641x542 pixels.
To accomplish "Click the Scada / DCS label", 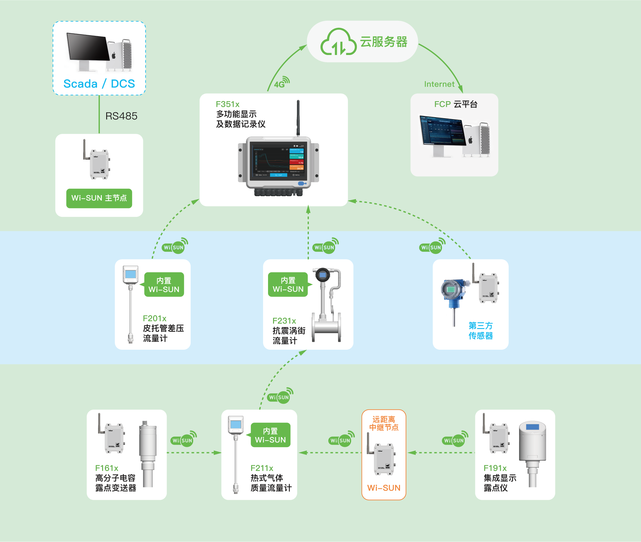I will (x=99, y=84).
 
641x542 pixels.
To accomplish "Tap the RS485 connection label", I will (x=121, y=116).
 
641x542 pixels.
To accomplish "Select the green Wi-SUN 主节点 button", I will (x=99, y=198).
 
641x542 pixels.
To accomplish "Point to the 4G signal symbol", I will (x=282, y=82).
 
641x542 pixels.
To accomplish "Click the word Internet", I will (x=439, y=84).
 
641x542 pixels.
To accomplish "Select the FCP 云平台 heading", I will (x=456, y=104).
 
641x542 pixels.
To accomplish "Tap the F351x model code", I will (x=227, y=104).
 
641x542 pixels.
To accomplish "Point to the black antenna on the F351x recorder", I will (x=298, y=118).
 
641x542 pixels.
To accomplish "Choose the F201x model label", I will (x=154, y=318).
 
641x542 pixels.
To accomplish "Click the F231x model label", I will (x=284, y=321).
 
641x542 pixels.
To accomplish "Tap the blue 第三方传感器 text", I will (x=480, y=331).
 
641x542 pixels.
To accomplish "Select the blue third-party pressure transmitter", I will (x=452, y=292).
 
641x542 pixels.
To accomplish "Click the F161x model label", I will (x=107, y=468).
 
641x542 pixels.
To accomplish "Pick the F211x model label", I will (x=262, y=468).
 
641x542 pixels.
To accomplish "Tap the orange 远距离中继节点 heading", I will (x=384, y=423).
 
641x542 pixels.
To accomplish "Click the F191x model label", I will (x=495, y=468).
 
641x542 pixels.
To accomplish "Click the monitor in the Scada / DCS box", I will (x=88, y=47).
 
